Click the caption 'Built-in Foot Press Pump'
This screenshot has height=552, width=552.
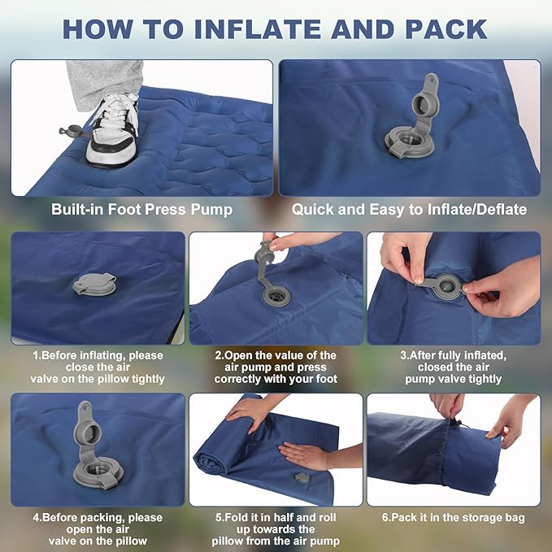141,210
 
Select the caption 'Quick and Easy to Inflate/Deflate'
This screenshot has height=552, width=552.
409,210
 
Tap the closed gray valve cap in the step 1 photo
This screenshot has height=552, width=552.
94,284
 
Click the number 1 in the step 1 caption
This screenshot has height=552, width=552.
35,355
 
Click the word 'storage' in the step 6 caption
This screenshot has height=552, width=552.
466,518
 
